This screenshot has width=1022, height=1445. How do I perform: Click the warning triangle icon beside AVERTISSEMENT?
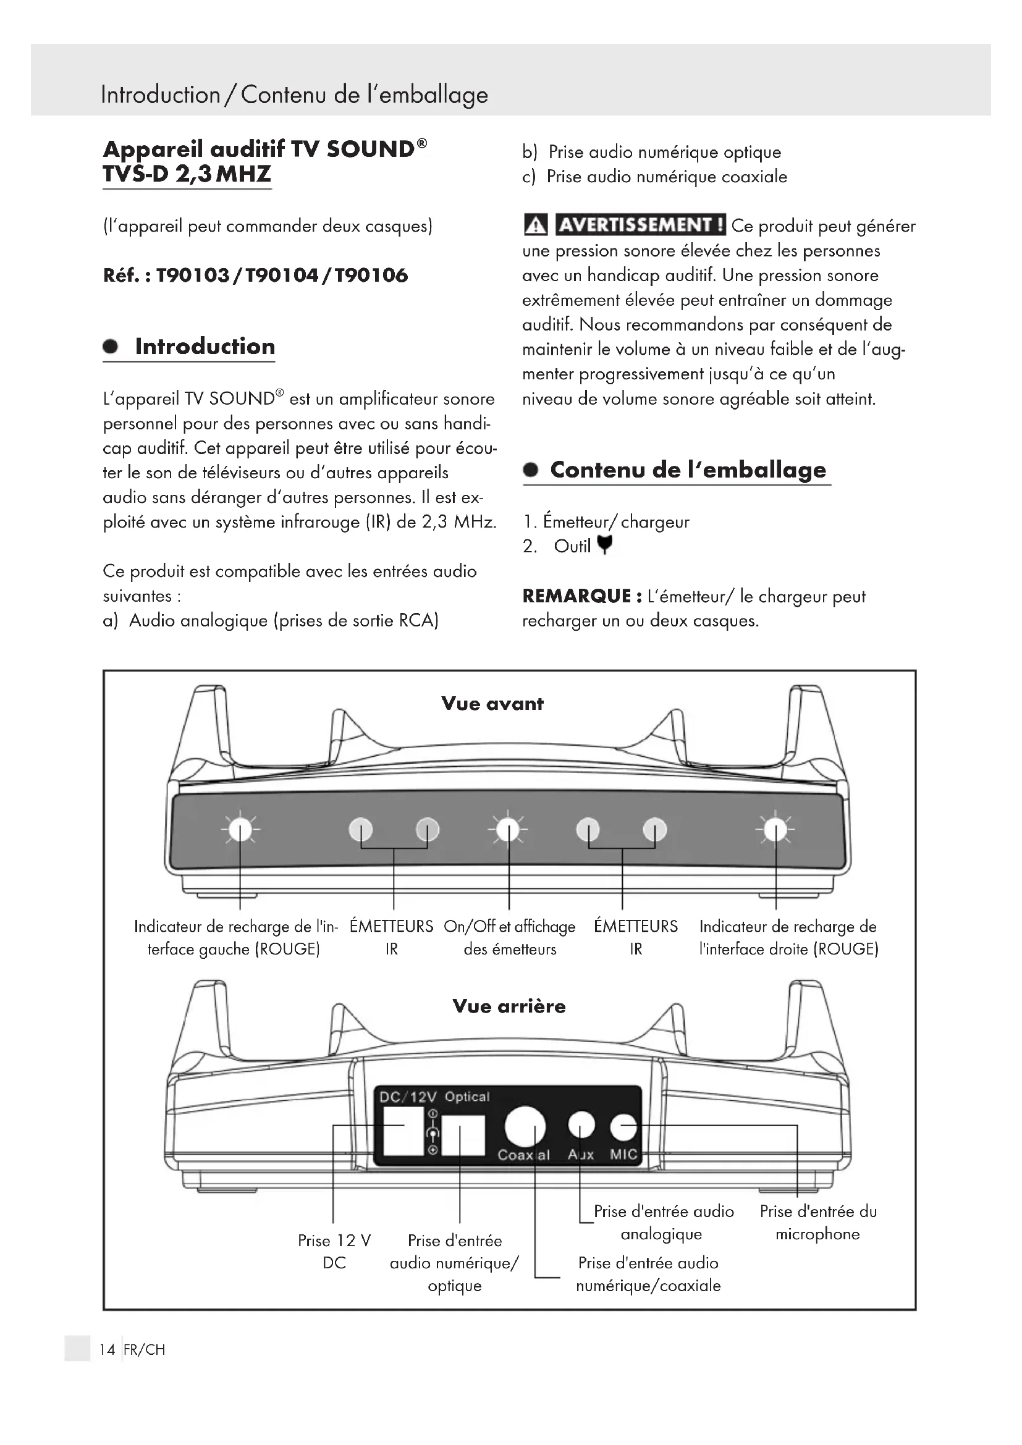click(x=536, y=225)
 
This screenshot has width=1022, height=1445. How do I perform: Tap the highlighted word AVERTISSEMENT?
click(x=641, y=225)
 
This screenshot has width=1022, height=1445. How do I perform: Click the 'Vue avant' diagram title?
click(x=492, y=704)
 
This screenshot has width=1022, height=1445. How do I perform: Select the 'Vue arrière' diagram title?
click(x=509, y=1006)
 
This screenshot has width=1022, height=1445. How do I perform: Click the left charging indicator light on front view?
click(x=240, y=830)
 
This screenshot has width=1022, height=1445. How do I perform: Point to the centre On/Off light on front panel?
click(x=509, y=830)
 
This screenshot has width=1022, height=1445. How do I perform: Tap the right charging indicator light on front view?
click(x=775, y=830)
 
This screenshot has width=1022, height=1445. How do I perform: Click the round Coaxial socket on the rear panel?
click(x=525, y=1126)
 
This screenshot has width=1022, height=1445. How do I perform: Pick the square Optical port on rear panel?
click(x=463, y=1135)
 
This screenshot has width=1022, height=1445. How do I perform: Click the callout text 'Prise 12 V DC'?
click(x=334, y=1252)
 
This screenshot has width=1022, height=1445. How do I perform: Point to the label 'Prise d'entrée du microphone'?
click(x=817, y=1223)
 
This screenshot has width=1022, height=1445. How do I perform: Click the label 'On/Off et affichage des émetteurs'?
click(x=509, y=938)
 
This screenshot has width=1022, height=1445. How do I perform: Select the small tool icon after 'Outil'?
click(x=604, y=545)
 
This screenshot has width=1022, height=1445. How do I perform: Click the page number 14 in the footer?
click(x=107, y=1349)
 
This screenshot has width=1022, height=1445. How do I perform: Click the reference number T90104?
click(x=282, y=276)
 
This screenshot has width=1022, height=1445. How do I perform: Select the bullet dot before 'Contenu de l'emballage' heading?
click(x=531, y=470)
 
